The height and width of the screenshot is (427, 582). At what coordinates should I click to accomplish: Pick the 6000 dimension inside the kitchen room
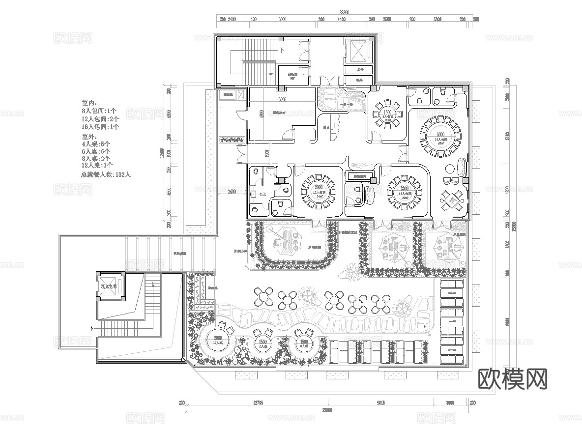(x=282, y=100)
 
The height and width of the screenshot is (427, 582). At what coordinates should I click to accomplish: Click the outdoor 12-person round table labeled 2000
(x=217, y=340)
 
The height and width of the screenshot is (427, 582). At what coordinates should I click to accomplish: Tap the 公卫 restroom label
(x=263, y=195)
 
